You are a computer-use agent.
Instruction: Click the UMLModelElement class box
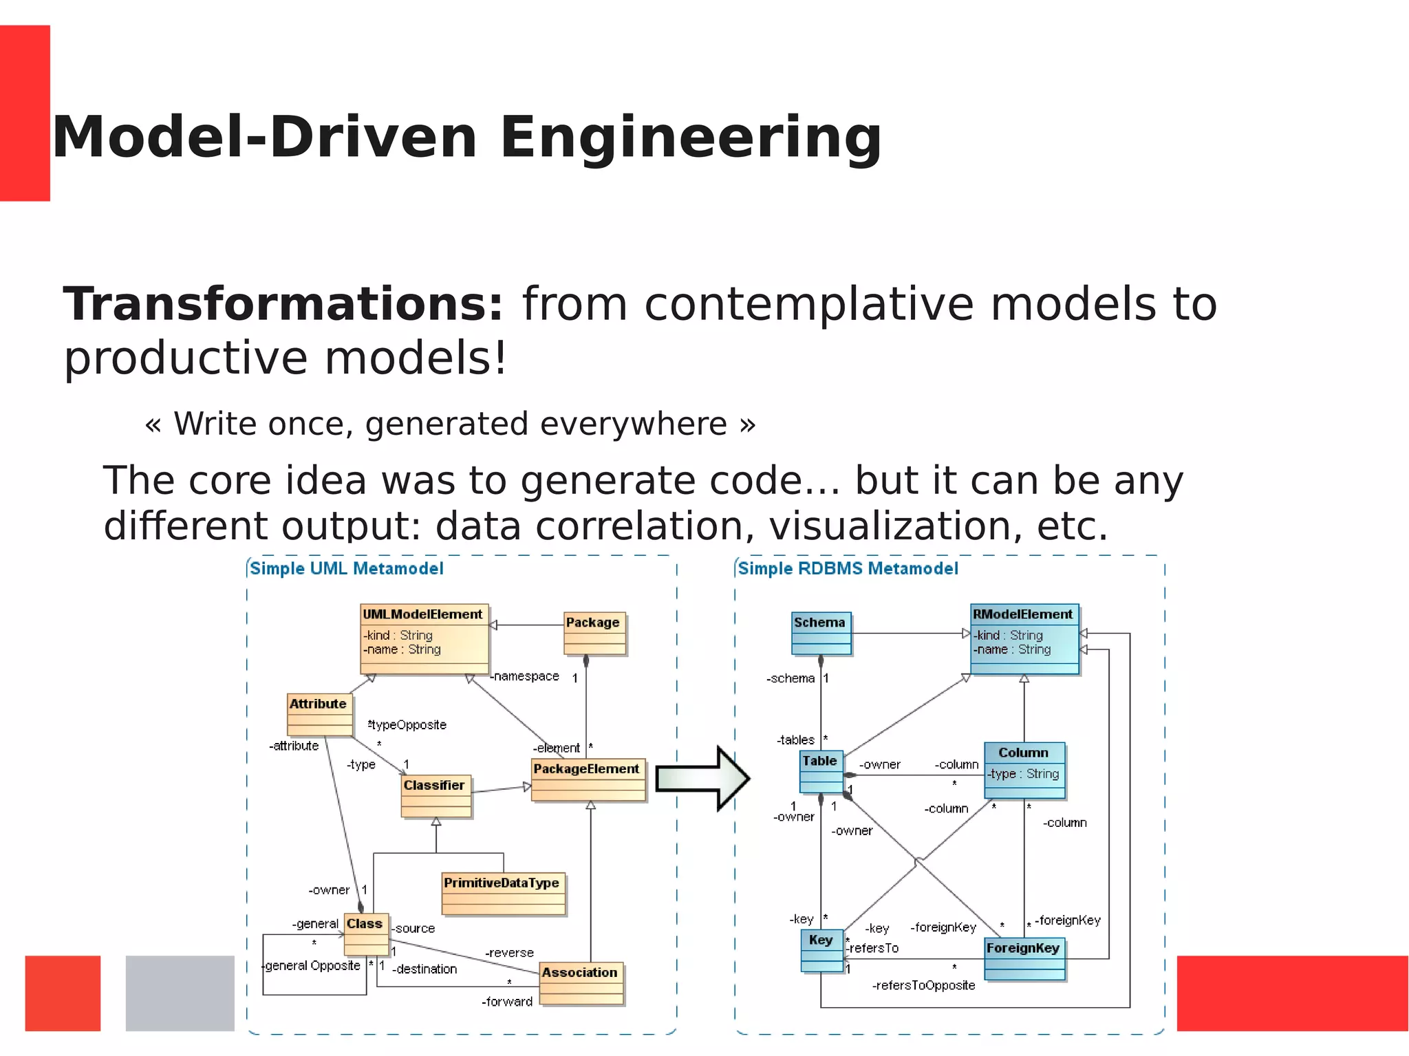(424, 638)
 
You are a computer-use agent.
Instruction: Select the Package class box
(594, 633)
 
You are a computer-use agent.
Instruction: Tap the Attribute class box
(319, 714)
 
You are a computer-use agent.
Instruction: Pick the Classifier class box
(436, 796)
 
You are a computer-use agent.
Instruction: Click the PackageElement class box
(588, 779)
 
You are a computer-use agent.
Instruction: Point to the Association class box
(581, 983)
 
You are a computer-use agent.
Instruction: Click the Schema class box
(821, 633)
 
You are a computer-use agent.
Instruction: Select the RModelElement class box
(1024, 638)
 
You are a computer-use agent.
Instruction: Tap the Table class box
(821, 772)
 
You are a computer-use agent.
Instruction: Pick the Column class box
(1024, 770)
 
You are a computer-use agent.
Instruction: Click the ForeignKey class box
(1024, 958)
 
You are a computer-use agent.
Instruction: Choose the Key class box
(821, 951)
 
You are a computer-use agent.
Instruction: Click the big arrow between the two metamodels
(702, 778)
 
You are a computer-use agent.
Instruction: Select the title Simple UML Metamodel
(346, 568)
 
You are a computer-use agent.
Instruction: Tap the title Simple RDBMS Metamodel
(848, 568)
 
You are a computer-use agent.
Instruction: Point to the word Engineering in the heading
(690, 138)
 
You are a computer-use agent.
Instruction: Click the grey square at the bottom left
(180, 993)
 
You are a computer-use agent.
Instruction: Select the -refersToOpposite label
(923, 985)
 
